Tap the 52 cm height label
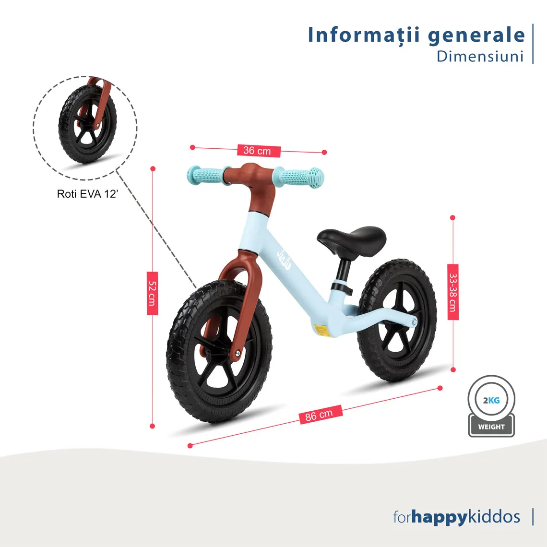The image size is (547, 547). coord(153,293)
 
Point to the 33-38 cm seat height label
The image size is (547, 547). coord(453,292)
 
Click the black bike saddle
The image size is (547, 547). coord(351,240)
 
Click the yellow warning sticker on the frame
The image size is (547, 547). coord(321,331)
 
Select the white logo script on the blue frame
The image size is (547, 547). coord(284,260)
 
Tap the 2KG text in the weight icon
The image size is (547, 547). coord(491,400)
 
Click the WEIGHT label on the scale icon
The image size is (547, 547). coord(491,427)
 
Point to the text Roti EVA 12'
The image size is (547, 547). coord(87,194)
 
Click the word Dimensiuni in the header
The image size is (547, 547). coord(480,57)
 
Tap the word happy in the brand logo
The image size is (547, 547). coord(439,517)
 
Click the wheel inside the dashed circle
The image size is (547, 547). coord(87,124)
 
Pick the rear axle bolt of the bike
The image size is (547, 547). coord(414,321)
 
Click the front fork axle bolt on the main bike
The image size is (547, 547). coord(237,353)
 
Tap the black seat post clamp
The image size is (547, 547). coord(341,287)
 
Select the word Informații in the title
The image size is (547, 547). coord(364,35)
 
